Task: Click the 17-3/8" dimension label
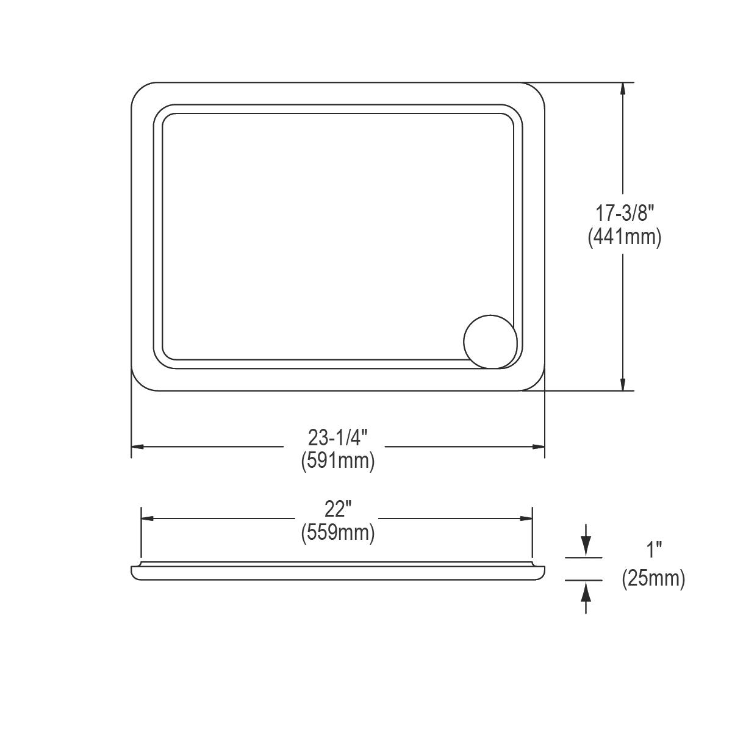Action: [x=625, y=213]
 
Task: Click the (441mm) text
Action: [x=625, y=237]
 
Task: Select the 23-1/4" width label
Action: [x=337, y=437]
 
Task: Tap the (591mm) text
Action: [x=337, y=461]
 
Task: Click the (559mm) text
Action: [x=337, y=533]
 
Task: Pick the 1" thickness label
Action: [x=655, y=551]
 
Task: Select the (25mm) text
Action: [x=653, y=578]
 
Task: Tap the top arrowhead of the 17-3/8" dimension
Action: [x=622, y=88]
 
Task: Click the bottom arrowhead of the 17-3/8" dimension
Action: [x=622, y=384]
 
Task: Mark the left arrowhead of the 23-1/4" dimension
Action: [x=138, y=447]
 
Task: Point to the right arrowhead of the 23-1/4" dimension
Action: [x=538, y=447]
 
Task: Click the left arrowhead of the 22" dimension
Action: [x=147, y=518]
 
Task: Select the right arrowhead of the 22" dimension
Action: [x=526, y=518]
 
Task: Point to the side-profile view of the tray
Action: [x=337, y=572]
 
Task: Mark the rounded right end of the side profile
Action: [x=540, y=572]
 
